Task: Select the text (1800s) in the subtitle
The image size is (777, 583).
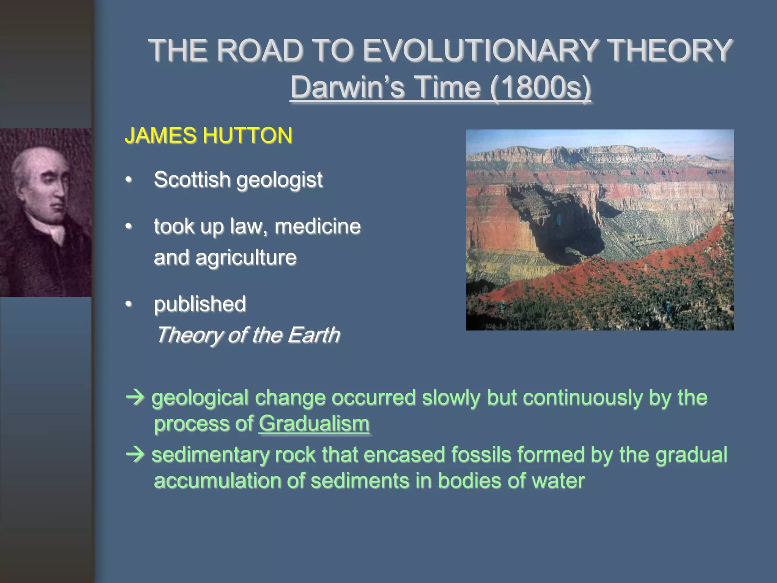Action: tap(540, 87)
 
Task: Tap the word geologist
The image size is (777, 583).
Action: tap(280, 180)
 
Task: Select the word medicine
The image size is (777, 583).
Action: tap(318, 226)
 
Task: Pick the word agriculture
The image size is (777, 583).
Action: tap(246, 258)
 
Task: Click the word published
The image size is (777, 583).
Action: tap(200, 304)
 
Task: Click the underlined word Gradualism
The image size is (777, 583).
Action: tap(314, 424)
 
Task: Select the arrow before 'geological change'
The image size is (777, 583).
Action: tap(135, 397)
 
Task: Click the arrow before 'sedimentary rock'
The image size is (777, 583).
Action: tap(135, 454)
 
